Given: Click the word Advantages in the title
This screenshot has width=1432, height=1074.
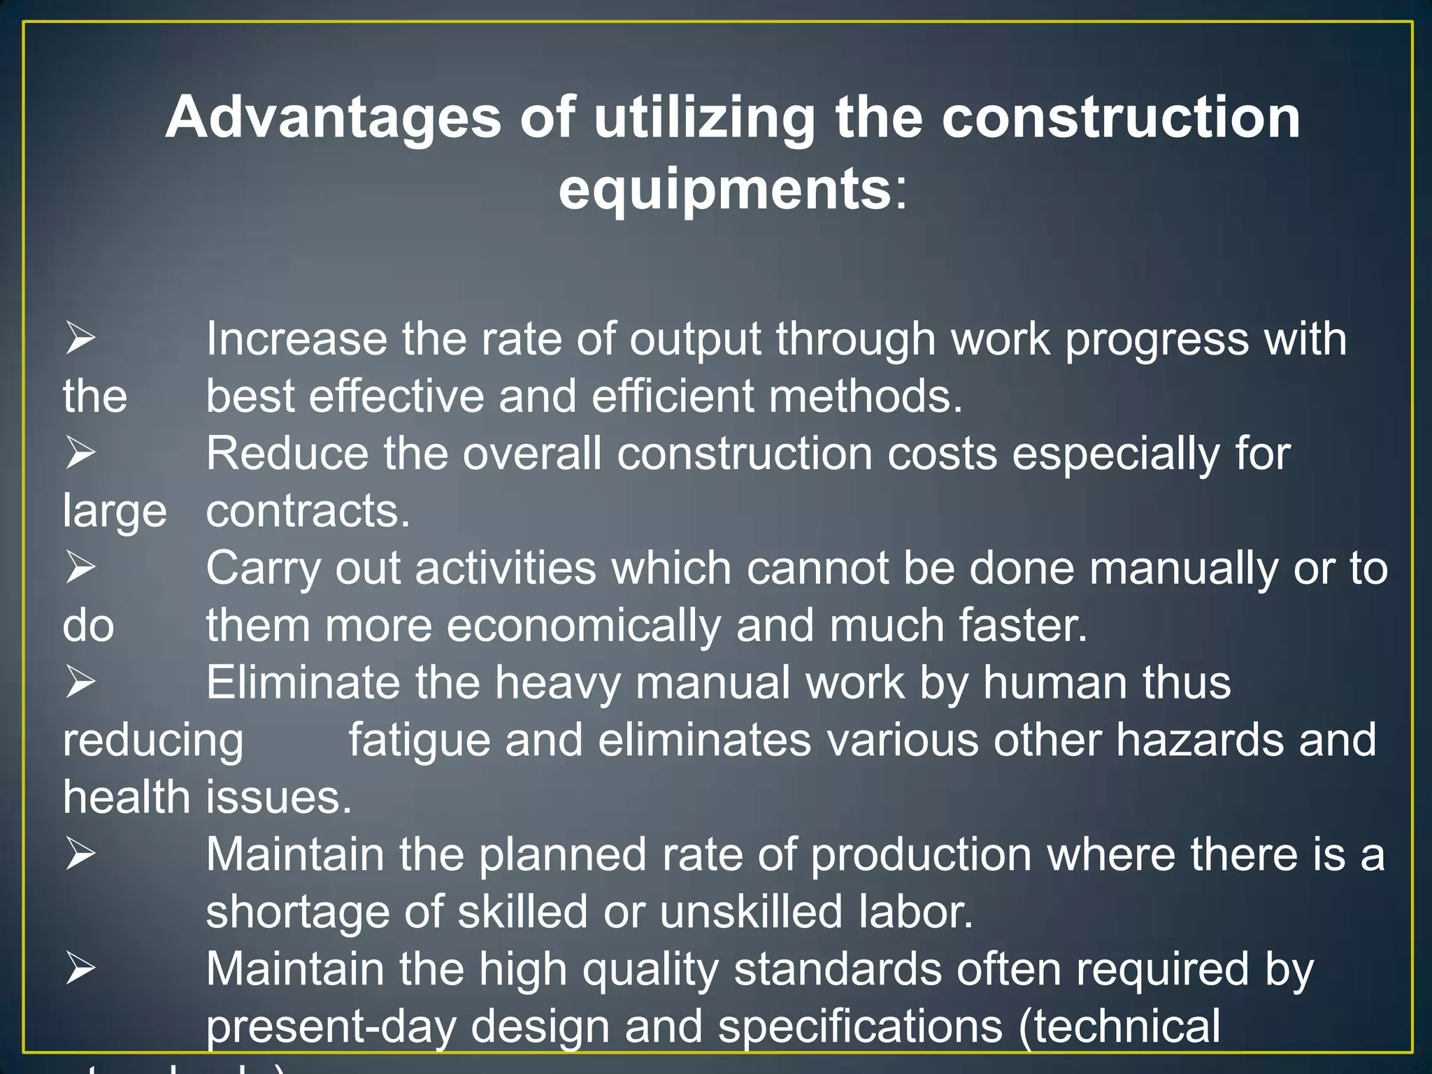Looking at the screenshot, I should (333, 117).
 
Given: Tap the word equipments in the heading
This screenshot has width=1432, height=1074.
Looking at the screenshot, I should (724, 189).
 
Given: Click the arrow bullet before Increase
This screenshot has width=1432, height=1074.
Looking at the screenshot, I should (80, 338).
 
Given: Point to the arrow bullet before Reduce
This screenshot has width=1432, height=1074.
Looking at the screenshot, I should (80, 452).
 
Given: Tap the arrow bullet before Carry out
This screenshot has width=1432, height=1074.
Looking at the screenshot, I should (80, 567).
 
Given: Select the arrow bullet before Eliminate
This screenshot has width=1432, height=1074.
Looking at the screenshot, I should (80, 682).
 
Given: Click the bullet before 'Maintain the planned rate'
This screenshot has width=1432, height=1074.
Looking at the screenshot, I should (80, 854).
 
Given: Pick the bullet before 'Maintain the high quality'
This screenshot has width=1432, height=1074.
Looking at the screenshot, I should (80, 968).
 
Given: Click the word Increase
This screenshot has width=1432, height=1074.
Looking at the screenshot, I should (296, 339).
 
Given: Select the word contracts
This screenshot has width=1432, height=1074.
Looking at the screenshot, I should (307, 511).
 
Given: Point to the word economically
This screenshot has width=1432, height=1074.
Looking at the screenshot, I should (583, 626).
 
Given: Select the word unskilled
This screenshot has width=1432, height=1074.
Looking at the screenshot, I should (750, 912).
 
